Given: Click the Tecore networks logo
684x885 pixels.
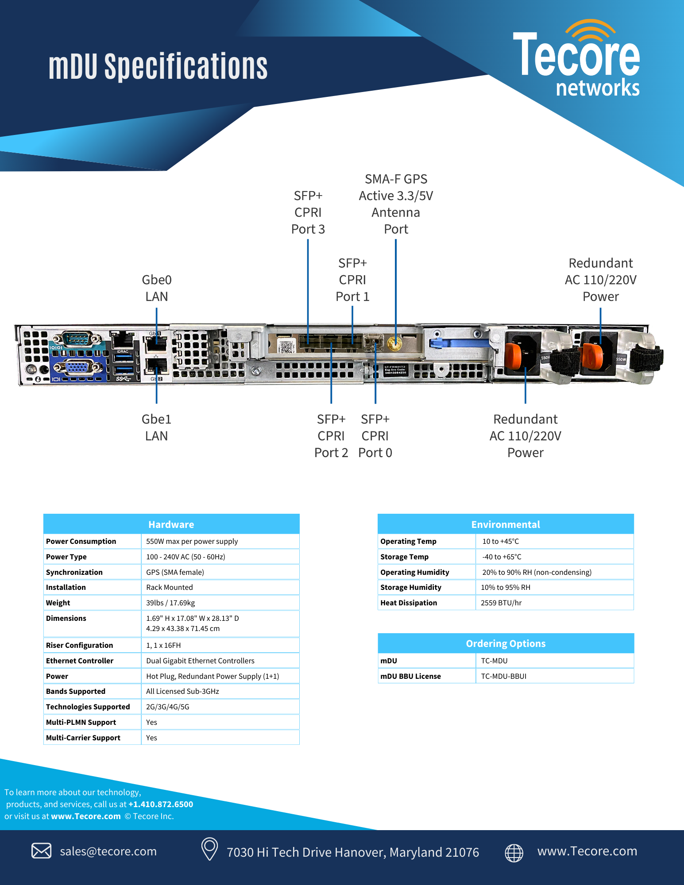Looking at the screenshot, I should coord(576,60).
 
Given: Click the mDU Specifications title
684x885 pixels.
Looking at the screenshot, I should coord(158,66).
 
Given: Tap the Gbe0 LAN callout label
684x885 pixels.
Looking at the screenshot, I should coord(157,288).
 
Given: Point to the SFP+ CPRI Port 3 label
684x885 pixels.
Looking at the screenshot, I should coord(308,212).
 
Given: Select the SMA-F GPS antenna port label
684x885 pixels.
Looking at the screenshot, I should coord(396,204).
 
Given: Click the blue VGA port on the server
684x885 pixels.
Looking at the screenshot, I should coord(76,367).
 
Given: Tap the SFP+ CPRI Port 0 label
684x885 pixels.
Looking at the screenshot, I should coord(375,436).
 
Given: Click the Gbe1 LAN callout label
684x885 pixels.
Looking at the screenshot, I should coord(156,427).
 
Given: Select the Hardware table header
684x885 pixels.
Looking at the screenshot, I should coord(171,524).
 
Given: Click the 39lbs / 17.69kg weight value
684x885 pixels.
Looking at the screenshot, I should coord(170,603).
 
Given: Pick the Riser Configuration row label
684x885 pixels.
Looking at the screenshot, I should coord(80,645).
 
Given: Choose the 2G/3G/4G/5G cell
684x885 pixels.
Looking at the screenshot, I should coord(168,707).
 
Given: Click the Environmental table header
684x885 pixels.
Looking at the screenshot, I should coord(506,524).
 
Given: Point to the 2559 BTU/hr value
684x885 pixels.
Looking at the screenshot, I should coord(501,603).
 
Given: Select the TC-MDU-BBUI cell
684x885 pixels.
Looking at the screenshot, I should coord(504,676).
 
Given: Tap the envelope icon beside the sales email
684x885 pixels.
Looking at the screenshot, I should coord(42,850).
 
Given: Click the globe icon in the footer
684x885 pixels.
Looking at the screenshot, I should coord(514,852).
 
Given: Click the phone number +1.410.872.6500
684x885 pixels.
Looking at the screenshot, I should coord(161,804).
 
